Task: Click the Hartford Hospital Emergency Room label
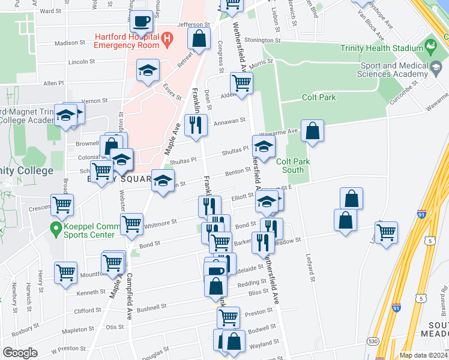pos(127,40)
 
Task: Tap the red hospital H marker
pos(167,40)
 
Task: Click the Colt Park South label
pos(289,165)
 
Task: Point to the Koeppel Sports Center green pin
pos(56,228)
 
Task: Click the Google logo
pos(20,353)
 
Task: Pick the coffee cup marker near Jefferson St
pos(142,22)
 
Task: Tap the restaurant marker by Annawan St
pos(196,125)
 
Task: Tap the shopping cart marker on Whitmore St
pos(131,224)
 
